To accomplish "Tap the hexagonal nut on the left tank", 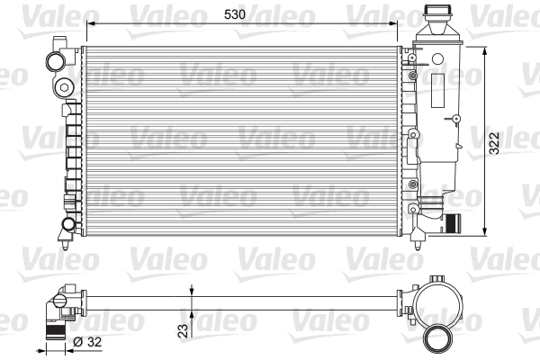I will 65,87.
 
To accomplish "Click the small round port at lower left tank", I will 67,223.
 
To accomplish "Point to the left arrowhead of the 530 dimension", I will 85,25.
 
